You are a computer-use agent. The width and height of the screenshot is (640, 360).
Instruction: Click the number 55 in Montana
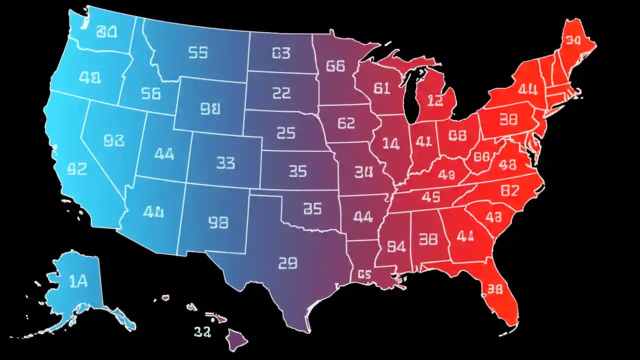(x=198, y=52)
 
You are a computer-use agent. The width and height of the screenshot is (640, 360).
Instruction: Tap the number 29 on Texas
(x=287, y=262)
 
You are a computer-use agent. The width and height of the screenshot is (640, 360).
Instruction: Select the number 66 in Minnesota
(x=335, y=66)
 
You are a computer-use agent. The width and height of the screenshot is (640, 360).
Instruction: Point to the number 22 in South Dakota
(x=281, y=92)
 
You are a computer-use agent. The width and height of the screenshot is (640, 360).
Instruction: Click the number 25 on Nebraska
(x=286, y=133)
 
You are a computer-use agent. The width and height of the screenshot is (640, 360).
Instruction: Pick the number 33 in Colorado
(x=225, y=162)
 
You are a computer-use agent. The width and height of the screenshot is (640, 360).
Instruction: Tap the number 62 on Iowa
(x=346, y=123)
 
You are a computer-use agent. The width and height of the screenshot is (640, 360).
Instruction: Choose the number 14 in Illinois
(x=391, y=144)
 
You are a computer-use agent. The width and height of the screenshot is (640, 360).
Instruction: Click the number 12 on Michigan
(x=435, y=100)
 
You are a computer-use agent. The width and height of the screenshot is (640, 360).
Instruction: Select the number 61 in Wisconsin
(x=381, y=88)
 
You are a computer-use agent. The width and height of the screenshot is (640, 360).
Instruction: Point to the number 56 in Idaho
(x=150, y=93)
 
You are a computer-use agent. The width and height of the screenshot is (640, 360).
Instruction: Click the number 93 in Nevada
(x=113, y=141)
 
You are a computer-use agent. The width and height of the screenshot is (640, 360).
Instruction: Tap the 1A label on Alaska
(x=78, y=282)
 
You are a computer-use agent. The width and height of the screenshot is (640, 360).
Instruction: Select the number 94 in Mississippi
(x=396, y=246)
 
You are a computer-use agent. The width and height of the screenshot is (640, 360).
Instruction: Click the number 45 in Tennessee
(x=430, y=197)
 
